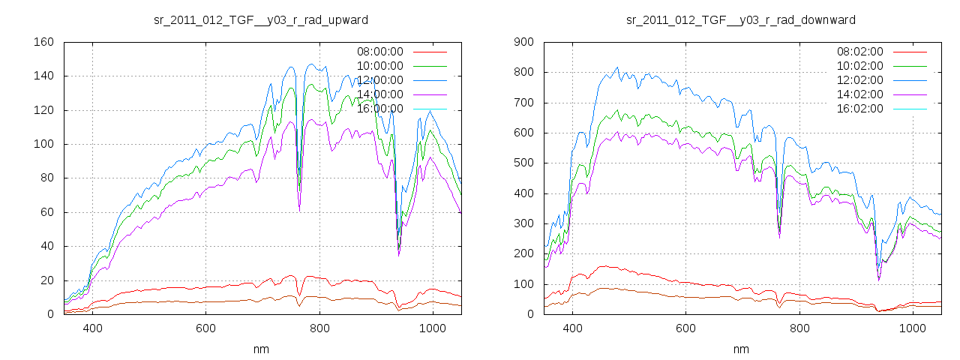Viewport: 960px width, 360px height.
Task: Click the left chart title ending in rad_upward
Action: tap(261, 19)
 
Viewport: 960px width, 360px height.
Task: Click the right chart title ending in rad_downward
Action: tap(741, 19)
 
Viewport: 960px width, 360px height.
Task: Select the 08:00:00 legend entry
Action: tap(379, 52)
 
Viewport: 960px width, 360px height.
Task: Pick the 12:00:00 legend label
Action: tap(379, 80)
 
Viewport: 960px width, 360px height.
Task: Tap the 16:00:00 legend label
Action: tap(379, 109)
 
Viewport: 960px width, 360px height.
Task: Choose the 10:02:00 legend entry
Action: tap(859, 66)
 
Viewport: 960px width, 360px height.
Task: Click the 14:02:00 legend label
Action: tap(859, 94)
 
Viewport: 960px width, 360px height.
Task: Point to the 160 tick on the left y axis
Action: tap(43, 42)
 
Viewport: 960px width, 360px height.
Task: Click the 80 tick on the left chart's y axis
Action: tap(46, 178)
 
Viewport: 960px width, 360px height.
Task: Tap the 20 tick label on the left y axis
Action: tap(46, 280)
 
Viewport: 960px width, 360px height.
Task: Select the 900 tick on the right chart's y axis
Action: tap(523, 42)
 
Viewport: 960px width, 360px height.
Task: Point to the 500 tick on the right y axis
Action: tap(523, 163)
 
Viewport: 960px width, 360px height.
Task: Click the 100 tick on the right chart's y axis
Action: tap(523, 284)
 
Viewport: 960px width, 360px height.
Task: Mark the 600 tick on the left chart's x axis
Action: tap(206, 328)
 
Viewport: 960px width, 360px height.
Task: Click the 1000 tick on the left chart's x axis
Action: tap(433, 328)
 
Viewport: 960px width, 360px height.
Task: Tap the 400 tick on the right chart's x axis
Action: tap(572, 328)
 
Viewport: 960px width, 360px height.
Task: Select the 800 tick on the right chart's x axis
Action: tap(799, 328)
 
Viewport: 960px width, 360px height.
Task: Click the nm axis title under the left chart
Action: tap(261, 349)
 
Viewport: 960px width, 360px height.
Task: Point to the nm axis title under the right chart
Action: tap(741, 349)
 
